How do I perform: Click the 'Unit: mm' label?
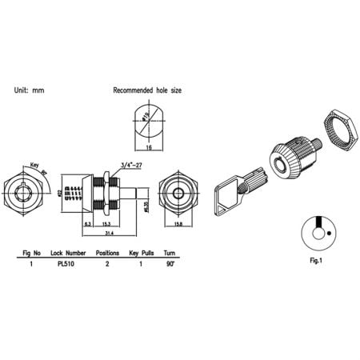coord(29,92)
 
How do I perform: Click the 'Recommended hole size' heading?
coord(147,92)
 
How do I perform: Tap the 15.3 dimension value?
coord(106,225)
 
